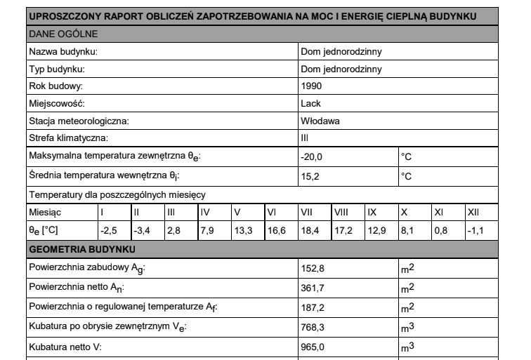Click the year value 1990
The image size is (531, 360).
click(310, 86)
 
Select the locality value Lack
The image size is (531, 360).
click(310, 104)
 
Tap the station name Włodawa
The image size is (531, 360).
click(320, 121)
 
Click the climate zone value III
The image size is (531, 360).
click(303, 138)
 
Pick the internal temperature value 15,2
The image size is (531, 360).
click(310, 176)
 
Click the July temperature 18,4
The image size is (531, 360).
click(309, 230)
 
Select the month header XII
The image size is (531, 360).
click(473, 212)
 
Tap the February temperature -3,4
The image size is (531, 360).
click(142, 230)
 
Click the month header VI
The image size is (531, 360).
click(272, 212)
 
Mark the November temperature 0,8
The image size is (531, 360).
click(440, 230)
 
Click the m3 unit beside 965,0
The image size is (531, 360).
click(407, 347)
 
